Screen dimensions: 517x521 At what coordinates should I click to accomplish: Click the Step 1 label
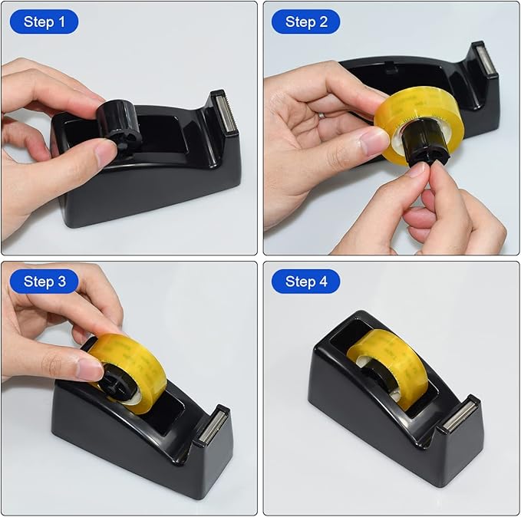(x=44, y=22)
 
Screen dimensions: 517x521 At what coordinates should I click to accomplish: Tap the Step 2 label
(x=305, y=22)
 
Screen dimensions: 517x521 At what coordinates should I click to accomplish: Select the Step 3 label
(x=44, y=282)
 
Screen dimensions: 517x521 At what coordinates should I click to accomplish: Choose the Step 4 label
(x=305, y=282)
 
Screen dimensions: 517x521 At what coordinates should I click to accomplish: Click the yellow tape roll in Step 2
(x=418, y=123)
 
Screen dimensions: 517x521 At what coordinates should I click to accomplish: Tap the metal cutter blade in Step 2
(x=486, y=61)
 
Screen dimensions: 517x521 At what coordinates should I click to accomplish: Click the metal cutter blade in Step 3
(x=215, y=426)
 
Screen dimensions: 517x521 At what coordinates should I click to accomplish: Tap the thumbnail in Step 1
(x=105, y=153)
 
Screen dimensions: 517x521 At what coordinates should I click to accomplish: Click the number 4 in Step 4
(x=322, y=282)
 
